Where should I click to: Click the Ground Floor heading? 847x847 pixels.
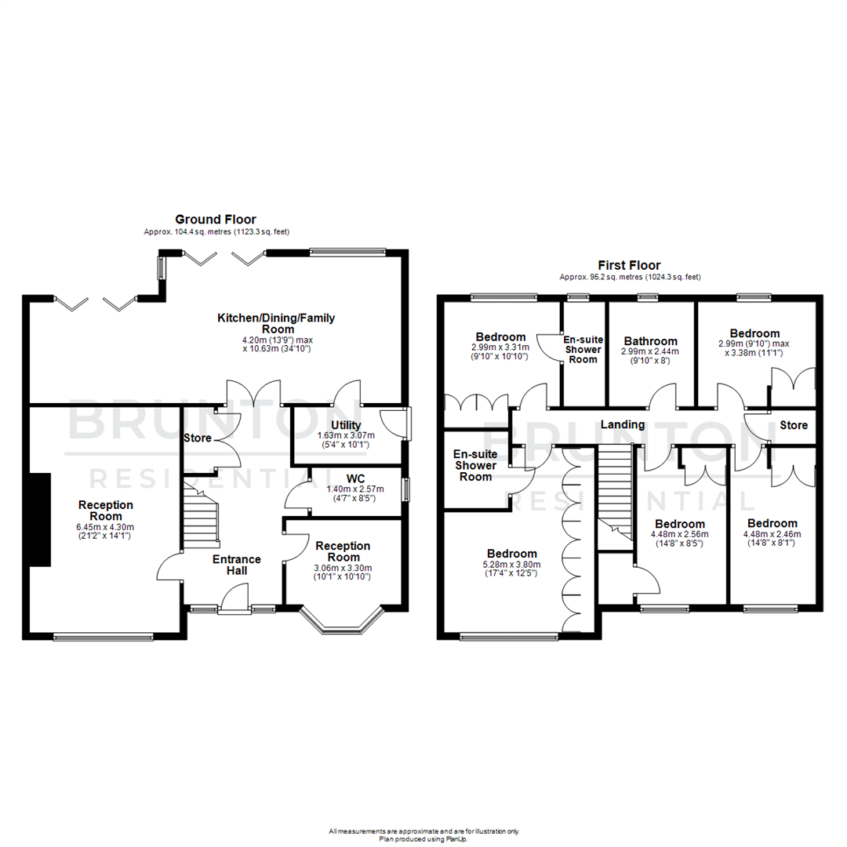[x=215, y=220]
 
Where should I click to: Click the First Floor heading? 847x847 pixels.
[x=630, y=265]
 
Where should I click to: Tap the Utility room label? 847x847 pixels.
[x=345, y=425]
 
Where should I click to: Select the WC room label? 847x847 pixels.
[x=356, y=477]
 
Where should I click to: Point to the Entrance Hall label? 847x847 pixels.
[x=237, y=565]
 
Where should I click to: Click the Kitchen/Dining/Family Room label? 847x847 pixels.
[x=276, y=324]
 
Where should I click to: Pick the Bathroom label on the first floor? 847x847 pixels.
[x=651, y=341]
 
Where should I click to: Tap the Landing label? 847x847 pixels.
[x=623, y=424]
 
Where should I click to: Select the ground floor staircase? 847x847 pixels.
[x=200, y=514]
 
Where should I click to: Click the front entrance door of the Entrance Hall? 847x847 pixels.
[x=234, y=602]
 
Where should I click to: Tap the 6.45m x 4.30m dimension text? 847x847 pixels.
[x=105, y=527]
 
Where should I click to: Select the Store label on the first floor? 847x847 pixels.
[x=794, y=426]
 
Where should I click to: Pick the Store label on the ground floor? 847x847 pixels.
[x=196, y=438]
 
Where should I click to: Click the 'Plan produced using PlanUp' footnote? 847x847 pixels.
[x=423, y=838]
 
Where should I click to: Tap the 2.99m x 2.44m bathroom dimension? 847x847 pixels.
[x=651, y=351]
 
